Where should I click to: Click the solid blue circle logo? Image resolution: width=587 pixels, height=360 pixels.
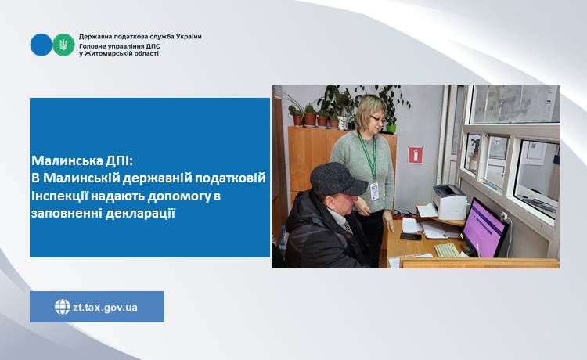[x=41, y=45]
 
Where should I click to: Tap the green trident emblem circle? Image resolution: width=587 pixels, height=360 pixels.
[x=63, y=45]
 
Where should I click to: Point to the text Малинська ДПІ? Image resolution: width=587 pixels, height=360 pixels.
[x=82, y=161]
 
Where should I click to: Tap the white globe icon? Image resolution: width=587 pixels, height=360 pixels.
[x=63, y=307]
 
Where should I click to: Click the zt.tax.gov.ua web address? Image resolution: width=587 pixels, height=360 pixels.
[x=105, y=308]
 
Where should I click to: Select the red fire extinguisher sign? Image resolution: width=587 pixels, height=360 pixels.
[x=415, y=155]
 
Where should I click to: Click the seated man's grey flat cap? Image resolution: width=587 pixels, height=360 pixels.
[x=337, y=180]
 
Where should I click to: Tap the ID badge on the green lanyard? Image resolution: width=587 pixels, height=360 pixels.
[x=374, y=192]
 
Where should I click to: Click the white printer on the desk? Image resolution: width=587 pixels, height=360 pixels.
[x=449, y=202]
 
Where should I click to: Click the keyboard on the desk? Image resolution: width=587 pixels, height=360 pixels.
[x=447, y=250]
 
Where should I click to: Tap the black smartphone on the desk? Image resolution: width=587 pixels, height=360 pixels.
[x=411, y=236]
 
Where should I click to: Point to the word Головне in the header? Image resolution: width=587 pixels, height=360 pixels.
[x=92, y=45]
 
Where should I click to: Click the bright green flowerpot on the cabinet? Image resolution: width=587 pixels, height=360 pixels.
[x=391, y=128]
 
